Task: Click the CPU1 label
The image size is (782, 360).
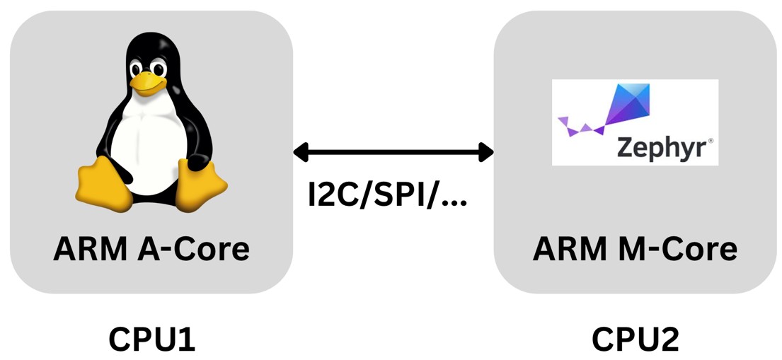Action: [x=151, y=339]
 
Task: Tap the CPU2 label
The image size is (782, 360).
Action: [x=635, y=339]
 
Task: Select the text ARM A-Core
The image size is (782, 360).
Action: [x=151, y=249]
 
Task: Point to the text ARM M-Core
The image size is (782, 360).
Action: [x=635, y=249]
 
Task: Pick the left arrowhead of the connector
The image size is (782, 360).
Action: [x=301, y=151]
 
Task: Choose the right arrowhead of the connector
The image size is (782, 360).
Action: [x=485, y=151]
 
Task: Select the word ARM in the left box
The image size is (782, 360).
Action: [x=79, y=249]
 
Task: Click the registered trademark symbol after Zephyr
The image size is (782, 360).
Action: [x=710, y=141]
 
